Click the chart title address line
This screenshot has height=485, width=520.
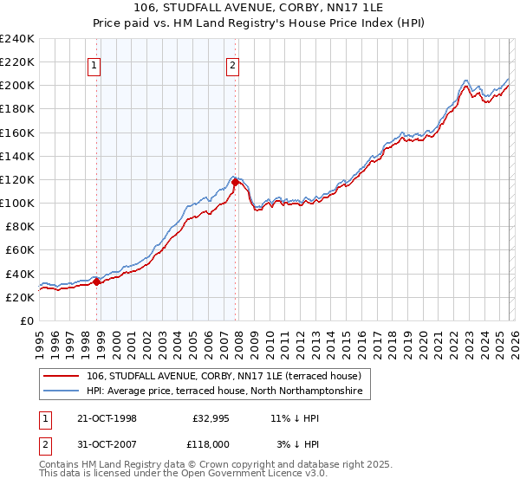260,8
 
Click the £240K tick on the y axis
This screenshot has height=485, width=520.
17,39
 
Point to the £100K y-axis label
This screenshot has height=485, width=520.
17,203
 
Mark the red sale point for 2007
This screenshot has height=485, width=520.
235,182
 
